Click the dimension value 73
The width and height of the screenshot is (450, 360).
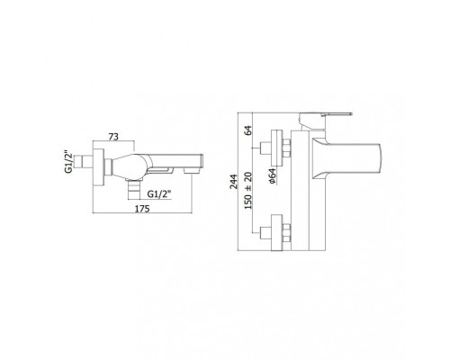[x=113, y=137]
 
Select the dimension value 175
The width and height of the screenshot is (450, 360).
[x=141, y=209]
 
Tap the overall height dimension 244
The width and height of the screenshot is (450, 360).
[x=233, y=182]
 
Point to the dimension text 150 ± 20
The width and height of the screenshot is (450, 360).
[x=248, y=191]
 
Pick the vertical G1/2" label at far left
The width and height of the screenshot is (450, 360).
[x=68, y=162]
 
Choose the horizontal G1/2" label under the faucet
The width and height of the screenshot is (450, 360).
[x=159, y=194]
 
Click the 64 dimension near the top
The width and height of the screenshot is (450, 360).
[x=248, y=130]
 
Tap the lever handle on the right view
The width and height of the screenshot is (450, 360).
[x=326, y=115]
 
